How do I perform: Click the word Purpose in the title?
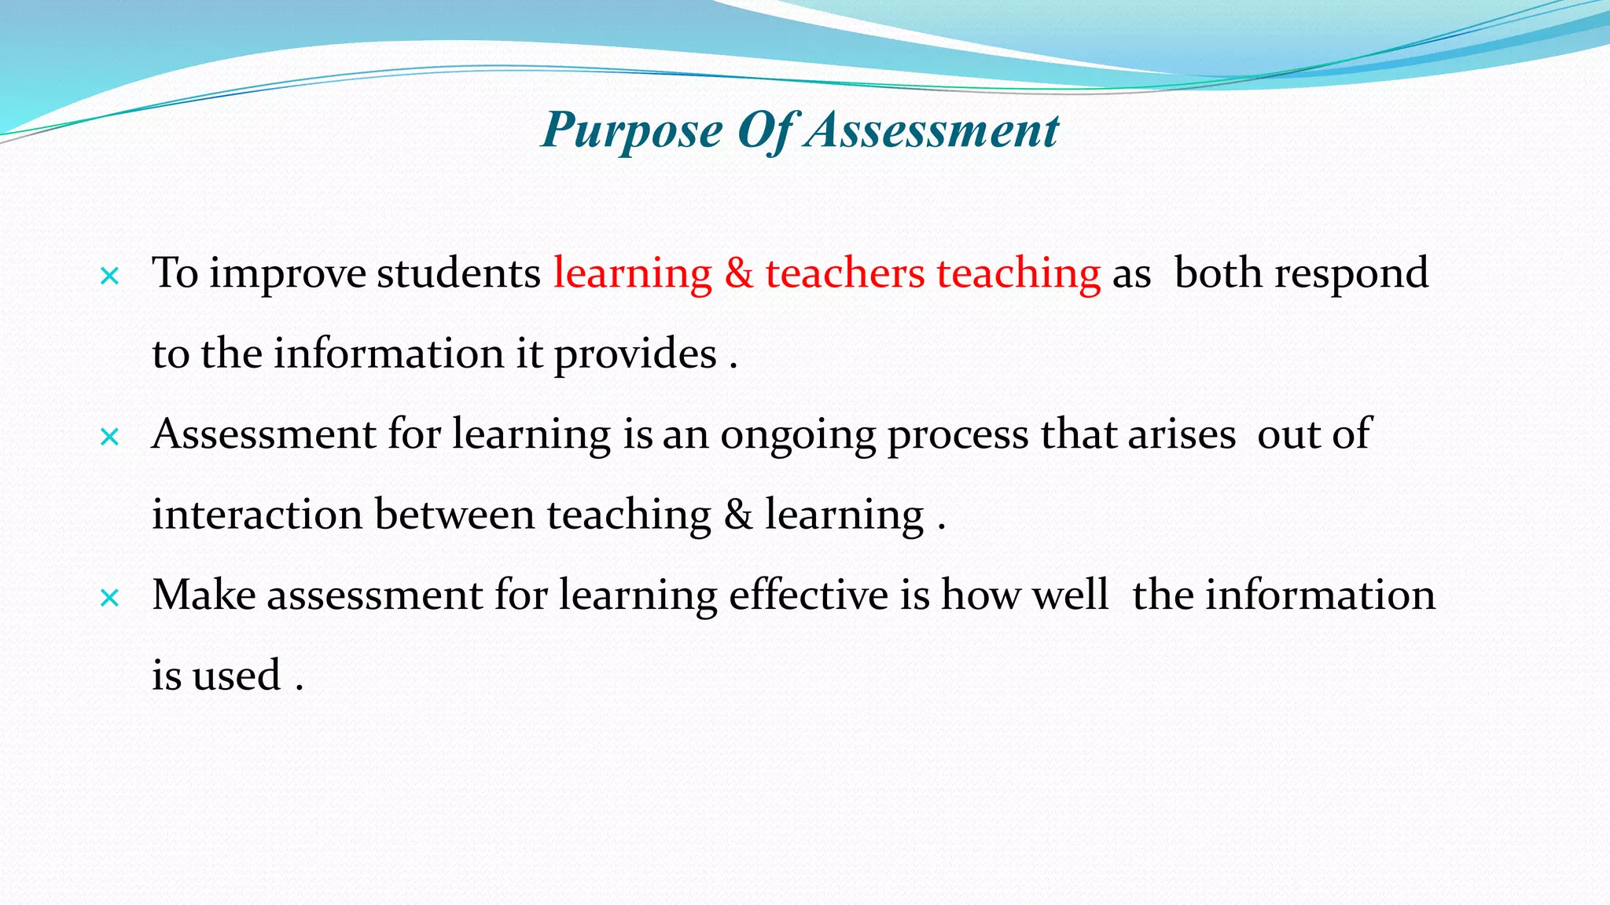tap(632, 130)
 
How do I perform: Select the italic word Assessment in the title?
tap(933, 130)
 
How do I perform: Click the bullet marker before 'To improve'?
tap(110, 276)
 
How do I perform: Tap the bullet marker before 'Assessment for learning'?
tap(110, 437)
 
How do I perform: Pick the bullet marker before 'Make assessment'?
tap(110, 598)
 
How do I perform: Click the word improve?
tap(288, 274)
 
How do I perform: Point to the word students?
tap(458, 274)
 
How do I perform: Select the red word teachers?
tap(845, 274)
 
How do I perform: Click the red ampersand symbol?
tap(739, 274)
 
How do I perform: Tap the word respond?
tap(1351, 274)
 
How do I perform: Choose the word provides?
tap(635, 354)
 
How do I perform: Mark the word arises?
tap(1182, 435)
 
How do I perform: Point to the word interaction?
tap(257, 515)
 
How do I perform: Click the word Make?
tap(204, 595)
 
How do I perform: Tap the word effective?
tap(808, 595)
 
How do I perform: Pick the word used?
tap(237, 676)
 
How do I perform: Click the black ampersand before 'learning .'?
tap(738, 515)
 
